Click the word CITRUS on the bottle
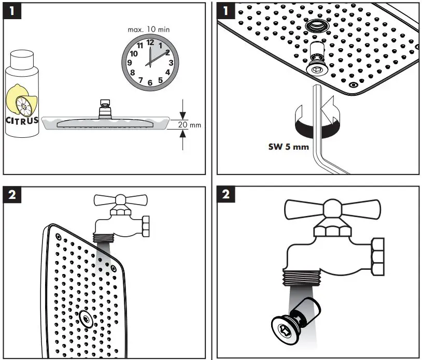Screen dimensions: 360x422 click(x=22, y=121)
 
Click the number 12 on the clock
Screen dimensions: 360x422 click(x=150, y=42)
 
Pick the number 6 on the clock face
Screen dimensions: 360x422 click(x=150, y=82)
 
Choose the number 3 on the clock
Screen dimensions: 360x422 click(x=170, y=63)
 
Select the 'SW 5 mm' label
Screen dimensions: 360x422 click(x=288, y=147)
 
